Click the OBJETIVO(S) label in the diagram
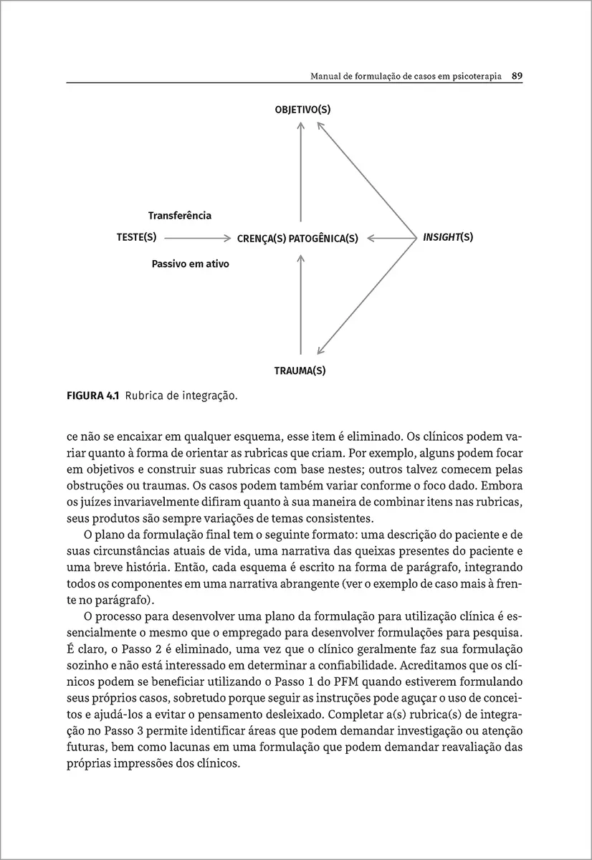click(302, 110)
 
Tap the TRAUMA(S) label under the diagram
click(300, 371)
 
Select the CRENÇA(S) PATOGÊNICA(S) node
click(297, 239)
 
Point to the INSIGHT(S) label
click(448, 236)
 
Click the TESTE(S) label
click(136, 236)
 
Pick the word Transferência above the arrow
click(180, 215)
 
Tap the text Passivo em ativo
click(190, 264)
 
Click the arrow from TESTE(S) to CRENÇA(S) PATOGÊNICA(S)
click(197, 237)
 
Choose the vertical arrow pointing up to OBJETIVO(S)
click(301, 172)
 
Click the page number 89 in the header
click(517, 75)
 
